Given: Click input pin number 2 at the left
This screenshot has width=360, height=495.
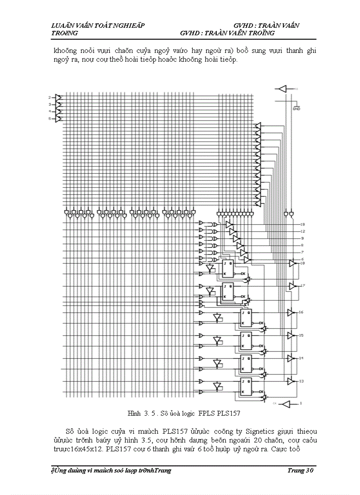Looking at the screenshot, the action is (50, 97).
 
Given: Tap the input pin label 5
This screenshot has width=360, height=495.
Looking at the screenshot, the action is (50, 119).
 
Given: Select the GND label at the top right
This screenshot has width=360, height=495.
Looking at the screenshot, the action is (296, 108).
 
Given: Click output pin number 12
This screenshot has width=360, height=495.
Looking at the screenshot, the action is (303, 231).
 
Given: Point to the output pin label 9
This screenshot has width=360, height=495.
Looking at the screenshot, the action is (302, 238).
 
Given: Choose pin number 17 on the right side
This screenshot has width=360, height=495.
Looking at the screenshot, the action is (303, 286).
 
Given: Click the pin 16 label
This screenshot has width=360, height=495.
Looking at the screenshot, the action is (301, 312).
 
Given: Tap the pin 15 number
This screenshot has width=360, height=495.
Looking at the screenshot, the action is (301, 335).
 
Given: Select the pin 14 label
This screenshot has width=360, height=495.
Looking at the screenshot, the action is (301, 358).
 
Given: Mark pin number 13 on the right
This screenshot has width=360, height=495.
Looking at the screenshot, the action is (301, 381).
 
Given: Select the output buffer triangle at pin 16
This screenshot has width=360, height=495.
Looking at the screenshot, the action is (291, 313).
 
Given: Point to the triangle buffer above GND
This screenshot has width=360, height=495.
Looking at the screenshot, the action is (281, 89).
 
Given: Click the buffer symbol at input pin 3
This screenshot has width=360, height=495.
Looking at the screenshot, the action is (58, 104).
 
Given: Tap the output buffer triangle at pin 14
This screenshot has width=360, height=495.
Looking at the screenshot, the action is (291, 358).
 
